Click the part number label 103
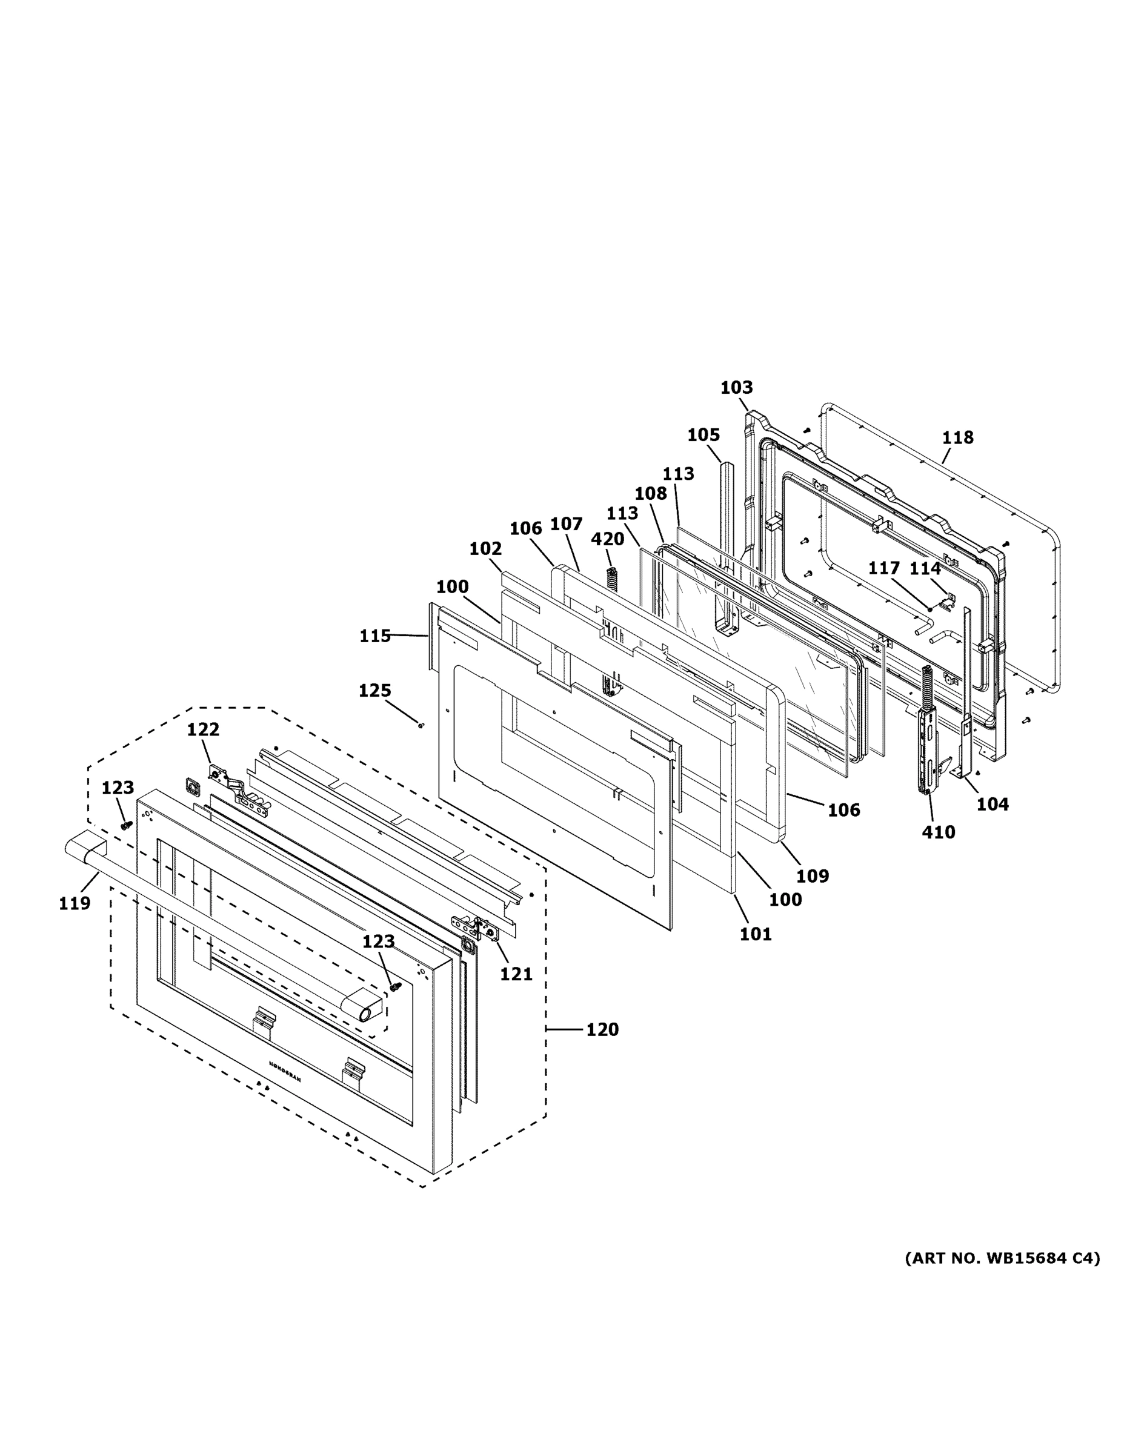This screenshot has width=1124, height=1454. point(736,388)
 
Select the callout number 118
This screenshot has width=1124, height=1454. point(957,437)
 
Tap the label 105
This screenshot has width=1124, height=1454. point(703,435)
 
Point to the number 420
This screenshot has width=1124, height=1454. point(607,539)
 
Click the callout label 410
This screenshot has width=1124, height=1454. point(938,832)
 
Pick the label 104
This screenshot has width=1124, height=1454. point(992,804)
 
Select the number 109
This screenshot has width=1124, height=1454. point(813,875)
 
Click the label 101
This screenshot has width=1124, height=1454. point(756,934)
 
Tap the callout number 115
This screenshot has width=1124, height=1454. point(375,636)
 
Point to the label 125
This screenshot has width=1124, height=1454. point(375,691)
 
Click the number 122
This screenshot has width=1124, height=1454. point(202,729)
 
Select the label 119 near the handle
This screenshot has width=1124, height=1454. point(74,903)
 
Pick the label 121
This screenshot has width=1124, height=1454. point(516,974)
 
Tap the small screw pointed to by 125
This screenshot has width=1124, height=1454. point(421,725)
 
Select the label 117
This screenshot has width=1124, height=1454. point(883,568)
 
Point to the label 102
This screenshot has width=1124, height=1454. point(485,548)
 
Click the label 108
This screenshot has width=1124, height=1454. point(650,493)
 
